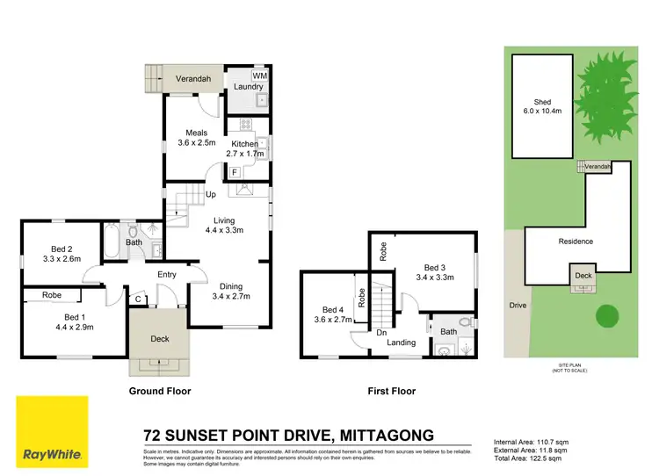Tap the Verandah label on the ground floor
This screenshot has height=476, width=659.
192,78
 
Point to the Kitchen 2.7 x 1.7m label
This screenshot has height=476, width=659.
246,148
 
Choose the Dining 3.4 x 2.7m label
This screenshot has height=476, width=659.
232,291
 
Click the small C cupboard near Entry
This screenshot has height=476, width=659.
137,299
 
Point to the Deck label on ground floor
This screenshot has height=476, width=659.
159,338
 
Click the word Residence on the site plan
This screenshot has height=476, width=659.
576,242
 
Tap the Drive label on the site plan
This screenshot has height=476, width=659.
516,306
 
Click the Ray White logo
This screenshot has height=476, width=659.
52,432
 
